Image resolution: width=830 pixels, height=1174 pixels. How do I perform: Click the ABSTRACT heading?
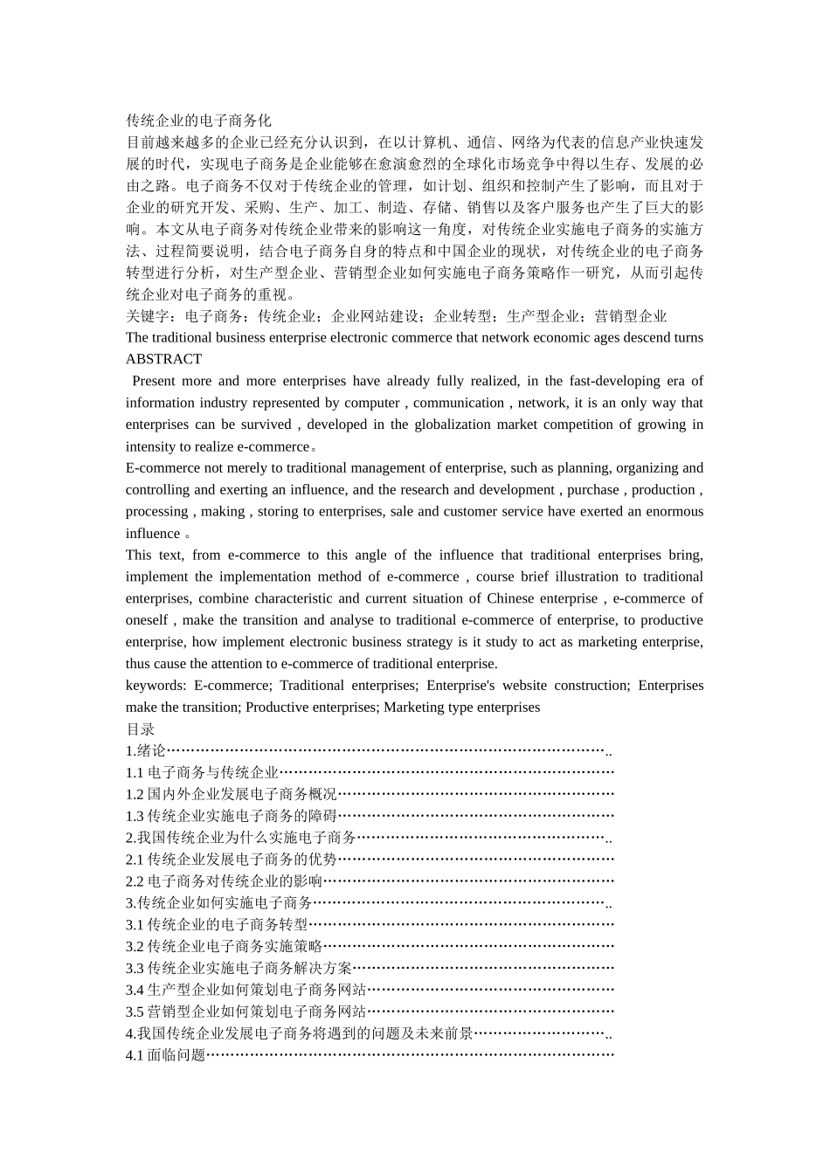163,359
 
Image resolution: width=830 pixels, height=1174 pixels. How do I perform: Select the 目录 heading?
140,729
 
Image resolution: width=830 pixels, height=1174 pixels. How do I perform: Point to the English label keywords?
156,686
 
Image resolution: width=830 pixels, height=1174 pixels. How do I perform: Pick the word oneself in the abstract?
147,620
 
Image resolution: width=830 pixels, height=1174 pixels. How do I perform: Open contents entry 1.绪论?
146,750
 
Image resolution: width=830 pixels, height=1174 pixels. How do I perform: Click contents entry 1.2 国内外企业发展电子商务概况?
231,794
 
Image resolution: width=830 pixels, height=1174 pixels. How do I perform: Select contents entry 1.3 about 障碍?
231,816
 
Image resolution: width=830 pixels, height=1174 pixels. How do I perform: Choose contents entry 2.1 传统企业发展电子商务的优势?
231,860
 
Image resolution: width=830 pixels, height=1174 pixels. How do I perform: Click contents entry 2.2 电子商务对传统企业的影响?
224,881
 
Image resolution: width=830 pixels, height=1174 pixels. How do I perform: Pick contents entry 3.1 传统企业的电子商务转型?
217,924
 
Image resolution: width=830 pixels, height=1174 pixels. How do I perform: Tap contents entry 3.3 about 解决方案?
239,968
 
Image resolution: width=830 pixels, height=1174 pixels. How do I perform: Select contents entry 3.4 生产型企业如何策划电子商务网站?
246,990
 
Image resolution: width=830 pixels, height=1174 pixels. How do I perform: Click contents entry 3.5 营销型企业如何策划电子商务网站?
246,1012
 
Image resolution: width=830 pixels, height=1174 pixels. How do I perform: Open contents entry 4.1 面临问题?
165,1055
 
